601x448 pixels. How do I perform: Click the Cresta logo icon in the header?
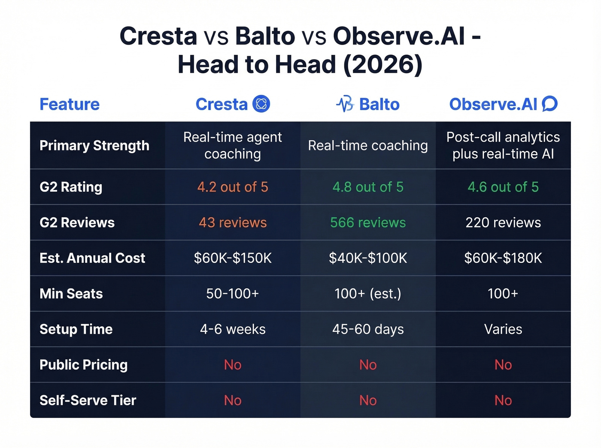[x=261, y=104]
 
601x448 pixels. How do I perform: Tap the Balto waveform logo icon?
[x=345, y=104]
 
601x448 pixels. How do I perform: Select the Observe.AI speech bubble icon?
[x=549, y=104]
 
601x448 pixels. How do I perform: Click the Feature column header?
[x=70, y=104]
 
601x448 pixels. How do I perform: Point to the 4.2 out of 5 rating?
[x=233, y=187]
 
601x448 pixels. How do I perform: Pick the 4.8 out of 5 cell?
[x=368, y=187]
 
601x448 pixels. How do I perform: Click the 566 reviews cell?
[x=368, y=222]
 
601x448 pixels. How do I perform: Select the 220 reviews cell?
[x=503, y=222]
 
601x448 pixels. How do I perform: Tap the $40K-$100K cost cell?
[x=368, y=258]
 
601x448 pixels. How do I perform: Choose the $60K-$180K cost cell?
[x=503, y=258]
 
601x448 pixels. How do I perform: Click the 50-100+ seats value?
[x=233, y=294]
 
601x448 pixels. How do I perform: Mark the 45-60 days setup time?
[x=368, y=329]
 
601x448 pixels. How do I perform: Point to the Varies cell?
[x=503, y=329]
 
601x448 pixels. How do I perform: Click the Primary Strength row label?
[x=94, y=146]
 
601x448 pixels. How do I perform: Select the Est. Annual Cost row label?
[x=92, y=258]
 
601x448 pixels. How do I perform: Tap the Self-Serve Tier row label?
[x=88, y=400]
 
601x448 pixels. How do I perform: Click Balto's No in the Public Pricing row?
[x=368, y=365]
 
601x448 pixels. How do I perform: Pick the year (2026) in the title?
[x=383, y=65]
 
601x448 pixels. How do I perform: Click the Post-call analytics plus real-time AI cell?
[x=503, y=145]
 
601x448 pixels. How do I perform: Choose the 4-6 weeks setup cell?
[x=233, y=329]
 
